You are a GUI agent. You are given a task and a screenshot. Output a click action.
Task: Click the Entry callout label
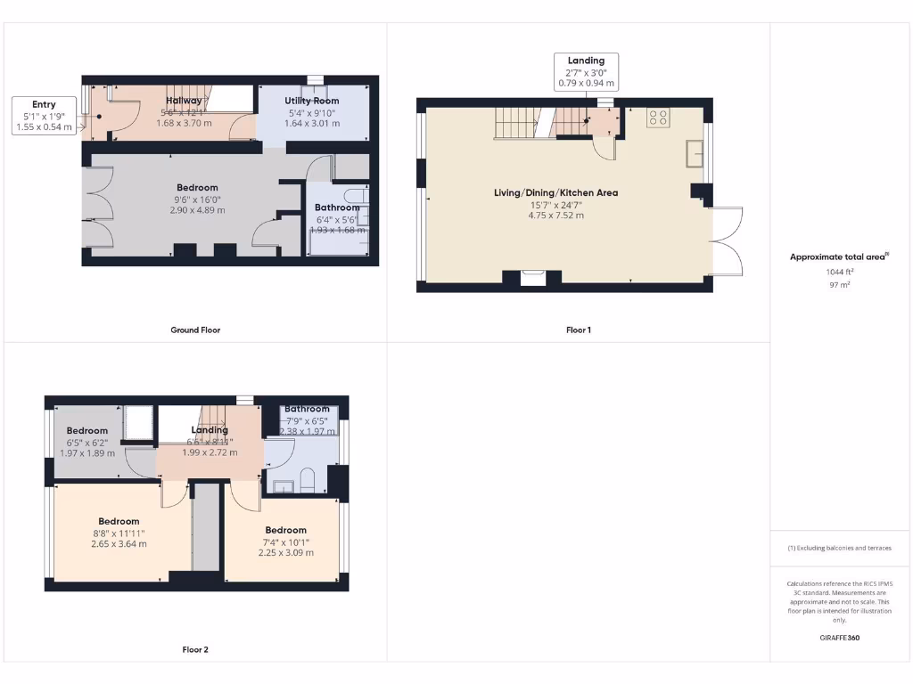point(44,105)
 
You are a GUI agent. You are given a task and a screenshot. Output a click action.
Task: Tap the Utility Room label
point(312,101)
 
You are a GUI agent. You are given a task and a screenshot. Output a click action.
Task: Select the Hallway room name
point(182,101)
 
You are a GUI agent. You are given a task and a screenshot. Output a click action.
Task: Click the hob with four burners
point(659,117)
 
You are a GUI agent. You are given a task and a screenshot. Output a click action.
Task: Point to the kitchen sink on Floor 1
point(695,154)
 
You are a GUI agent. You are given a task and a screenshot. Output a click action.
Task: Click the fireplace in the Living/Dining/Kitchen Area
point(533,279)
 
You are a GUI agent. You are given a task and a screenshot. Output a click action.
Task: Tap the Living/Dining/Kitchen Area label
point(555,192)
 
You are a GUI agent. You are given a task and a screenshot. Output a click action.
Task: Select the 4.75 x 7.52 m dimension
point(555,215)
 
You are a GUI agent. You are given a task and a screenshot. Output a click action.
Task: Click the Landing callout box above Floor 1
point(586,72)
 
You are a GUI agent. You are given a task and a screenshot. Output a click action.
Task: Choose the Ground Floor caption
point(195,330)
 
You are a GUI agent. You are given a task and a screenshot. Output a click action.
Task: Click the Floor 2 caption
point(195,649)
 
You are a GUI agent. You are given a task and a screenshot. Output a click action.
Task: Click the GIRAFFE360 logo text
point(839,638)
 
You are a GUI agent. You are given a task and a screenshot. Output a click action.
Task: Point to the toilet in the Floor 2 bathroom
point(306,482)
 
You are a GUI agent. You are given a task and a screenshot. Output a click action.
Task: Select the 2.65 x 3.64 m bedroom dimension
point(119,543)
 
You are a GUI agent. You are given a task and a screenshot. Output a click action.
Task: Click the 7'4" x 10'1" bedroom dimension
point(285,541)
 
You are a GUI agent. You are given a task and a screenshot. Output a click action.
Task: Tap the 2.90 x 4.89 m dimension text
point(197,210)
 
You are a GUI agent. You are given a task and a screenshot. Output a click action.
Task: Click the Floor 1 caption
point(579,330)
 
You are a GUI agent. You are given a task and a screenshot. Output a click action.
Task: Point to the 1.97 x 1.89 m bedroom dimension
point(87,452)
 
